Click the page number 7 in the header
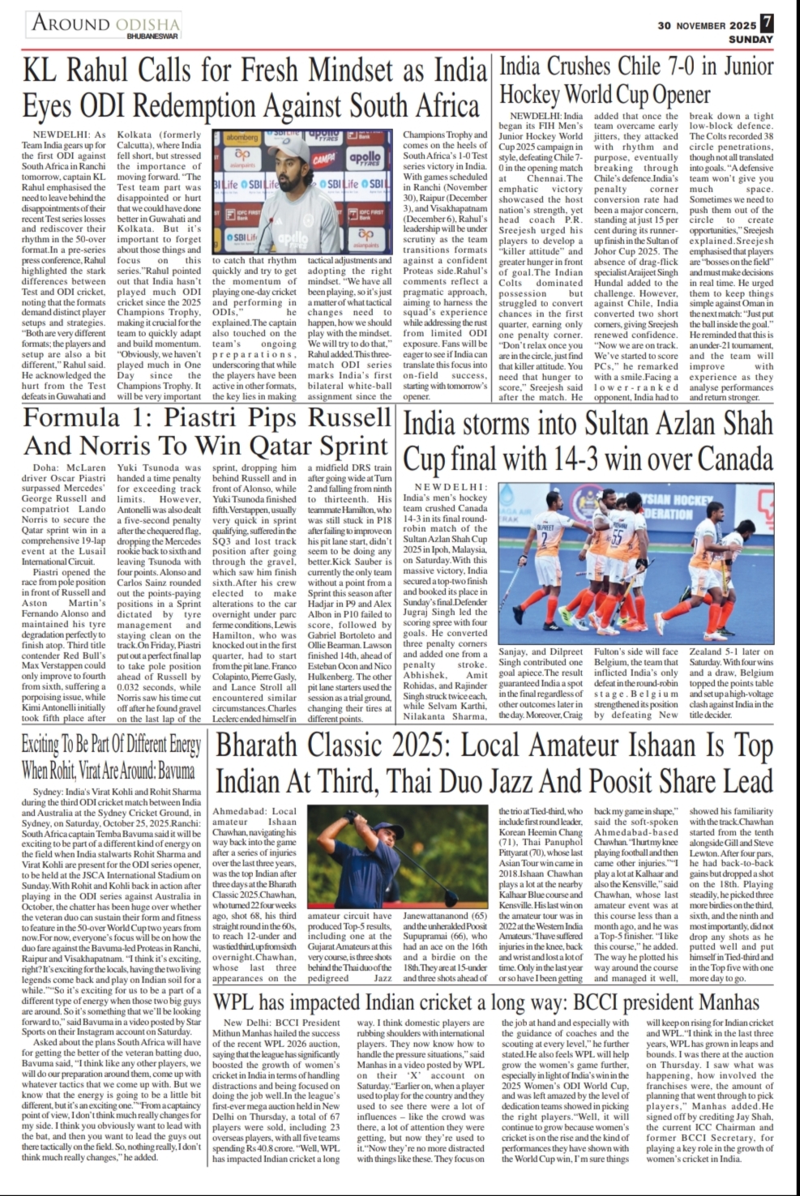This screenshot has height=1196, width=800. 766,23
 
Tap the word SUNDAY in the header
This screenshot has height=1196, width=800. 751,39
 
